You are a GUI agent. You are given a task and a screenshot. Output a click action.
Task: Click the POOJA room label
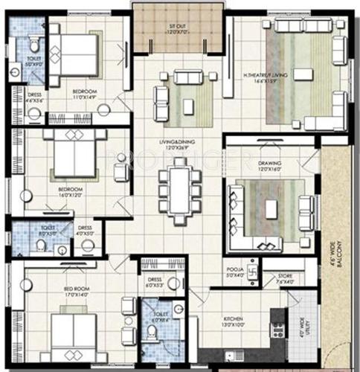[x=236, y=273]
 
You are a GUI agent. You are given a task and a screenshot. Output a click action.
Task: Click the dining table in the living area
[x=179, y=190]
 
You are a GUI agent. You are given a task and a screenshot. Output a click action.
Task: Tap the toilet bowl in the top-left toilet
[x=32, y=44]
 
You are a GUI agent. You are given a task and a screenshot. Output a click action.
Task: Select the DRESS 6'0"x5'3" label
[x=155, y=284]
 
